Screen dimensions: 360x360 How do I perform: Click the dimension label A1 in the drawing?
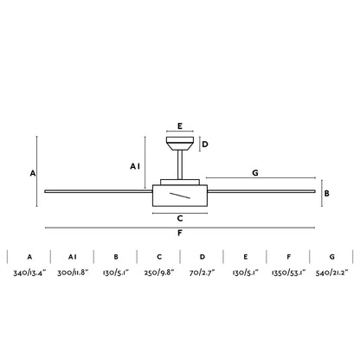click(x=135, y=166)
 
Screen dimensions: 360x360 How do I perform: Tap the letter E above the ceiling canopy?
click(x=180, y=126)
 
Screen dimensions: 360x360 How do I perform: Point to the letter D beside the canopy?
click(x=205, y=145)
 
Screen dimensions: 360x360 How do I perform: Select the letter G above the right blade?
click(x=255, y=173)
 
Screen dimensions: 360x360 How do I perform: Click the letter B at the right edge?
click(x=326, y=193)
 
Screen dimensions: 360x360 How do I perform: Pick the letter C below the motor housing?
click(x=180, y=218)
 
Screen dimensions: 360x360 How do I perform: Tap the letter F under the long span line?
click(x=180, y=233)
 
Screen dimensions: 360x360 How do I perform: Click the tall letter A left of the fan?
click(x=33, y=173)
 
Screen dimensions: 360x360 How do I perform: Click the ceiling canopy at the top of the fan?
click(x=180, y=144)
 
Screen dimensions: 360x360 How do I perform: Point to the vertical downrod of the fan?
click(x=180, y=164)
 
